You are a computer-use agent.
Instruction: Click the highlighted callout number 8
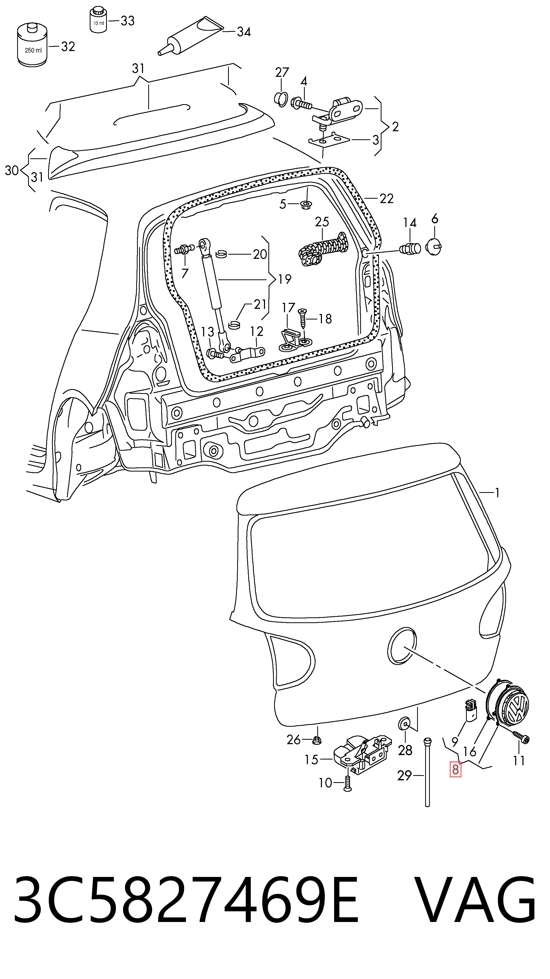tap(455, 769)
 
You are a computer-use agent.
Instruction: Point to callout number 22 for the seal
tap(386, 198)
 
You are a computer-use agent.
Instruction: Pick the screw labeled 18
tap(302, 318)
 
